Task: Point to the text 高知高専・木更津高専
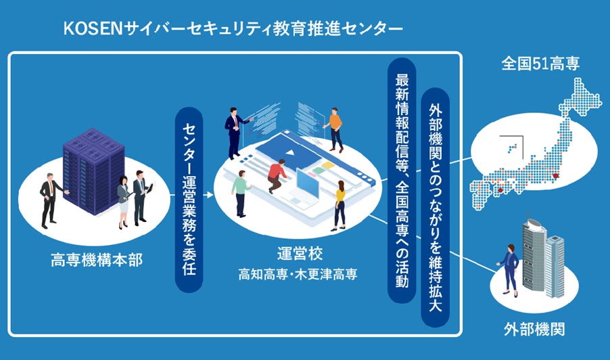point(297,275)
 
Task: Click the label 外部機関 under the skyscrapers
point(534,330)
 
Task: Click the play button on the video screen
point(287,151)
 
